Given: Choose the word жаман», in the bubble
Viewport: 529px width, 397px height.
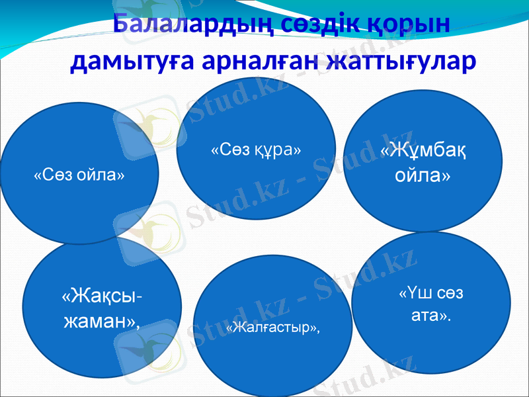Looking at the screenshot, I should tap(101, 322).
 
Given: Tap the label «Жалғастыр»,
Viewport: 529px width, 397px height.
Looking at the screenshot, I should tap(272, 328).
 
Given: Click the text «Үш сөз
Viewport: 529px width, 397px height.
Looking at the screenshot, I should tap(431, 292).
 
